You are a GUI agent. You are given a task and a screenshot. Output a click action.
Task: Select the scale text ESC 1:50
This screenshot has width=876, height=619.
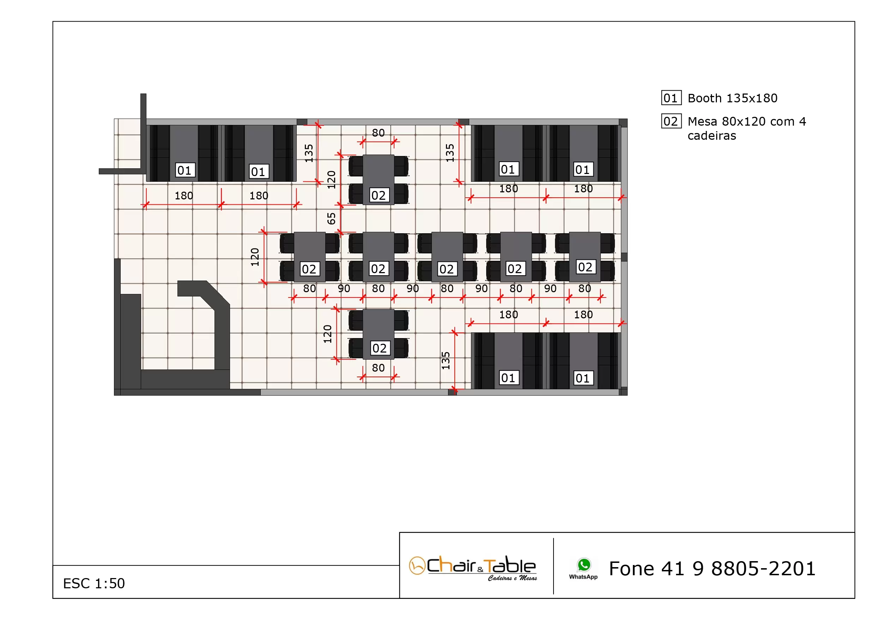[94, 583]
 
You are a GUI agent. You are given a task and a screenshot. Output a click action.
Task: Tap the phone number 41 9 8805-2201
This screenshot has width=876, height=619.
[712, 569]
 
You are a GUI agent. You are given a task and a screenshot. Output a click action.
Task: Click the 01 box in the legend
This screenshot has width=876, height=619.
[671, 98]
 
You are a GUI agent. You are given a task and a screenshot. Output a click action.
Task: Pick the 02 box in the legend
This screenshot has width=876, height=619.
[671, 121]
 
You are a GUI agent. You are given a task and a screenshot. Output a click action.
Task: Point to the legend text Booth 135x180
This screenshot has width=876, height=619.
[732, 98]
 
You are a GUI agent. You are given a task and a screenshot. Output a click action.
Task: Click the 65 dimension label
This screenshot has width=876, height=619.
[331, 219]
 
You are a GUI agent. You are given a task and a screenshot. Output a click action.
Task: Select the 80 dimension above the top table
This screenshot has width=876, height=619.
[378, 133]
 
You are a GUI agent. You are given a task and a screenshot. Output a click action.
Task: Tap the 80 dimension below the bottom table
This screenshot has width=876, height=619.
[378, 368]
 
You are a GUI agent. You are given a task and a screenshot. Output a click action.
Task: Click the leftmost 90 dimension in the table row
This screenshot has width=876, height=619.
[344, 289]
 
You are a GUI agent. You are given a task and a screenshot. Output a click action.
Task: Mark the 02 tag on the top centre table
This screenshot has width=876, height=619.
[379, 196]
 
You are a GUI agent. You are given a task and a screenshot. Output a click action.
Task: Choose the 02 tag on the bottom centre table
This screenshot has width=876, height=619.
[379, 348]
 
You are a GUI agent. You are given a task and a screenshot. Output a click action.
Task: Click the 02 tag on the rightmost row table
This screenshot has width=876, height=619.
[585, 267]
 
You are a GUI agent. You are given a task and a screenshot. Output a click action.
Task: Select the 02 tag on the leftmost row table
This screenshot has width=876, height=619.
[309, 269]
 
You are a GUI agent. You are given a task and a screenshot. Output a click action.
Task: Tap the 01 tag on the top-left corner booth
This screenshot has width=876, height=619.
[185, 170]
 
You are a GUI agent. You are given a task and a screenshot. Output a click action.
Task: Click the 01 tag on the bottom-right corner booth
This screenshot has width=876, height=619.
[582, 378]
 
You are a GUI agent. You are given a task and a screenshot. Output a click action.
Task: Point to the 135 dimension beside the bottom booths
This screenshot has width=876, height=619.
[446, 361]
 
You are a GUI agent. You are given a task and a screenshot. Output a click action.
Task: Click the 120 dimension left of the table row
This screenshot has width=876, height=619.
[255, 257]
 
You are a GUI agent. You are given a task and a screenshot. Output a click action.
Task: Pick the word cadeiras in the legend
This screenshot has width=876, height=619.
[712, 136]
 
